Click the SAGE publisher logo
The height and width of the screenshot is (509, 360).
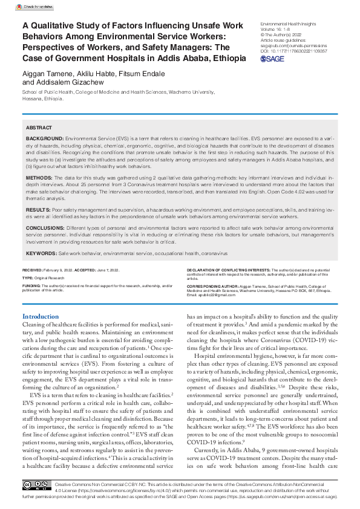pyautogui.click(x=274, y=59)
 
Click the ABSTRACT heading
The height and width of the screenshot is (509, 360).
pyautogui.click(x=39, y=128)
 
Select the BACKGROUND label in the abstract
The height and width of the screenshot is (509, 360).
pyautogui.click(x=44, y=138)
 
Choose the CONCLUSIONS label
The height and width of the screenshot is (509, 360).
pyautogui.click(x=45, y=227)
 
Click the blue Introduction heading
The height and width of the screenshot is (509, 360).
pyautogui.click(x=41, y=316)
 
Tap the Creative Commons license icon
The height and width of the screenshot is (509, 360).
pyautogui.click(x=37, y=485)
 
